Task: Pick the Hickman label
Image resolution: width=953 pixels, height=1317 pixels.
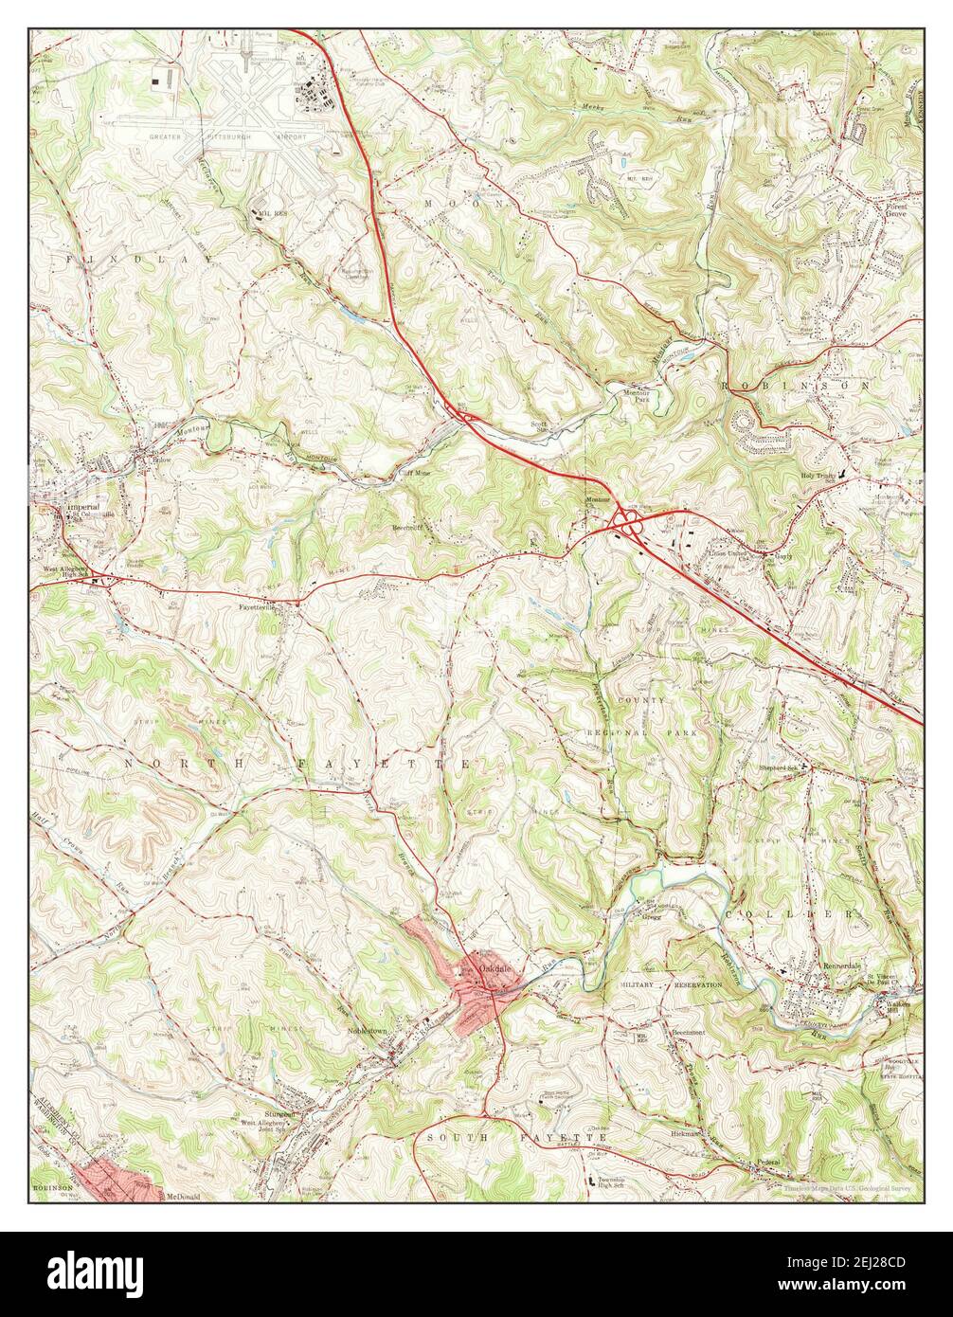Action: point(687,1133)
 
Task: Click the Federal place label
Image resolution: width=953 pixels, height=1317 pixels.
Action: point(767,1162)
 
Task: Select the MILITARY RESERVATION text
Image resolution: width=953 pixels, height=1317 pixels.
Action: point(671,985)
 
